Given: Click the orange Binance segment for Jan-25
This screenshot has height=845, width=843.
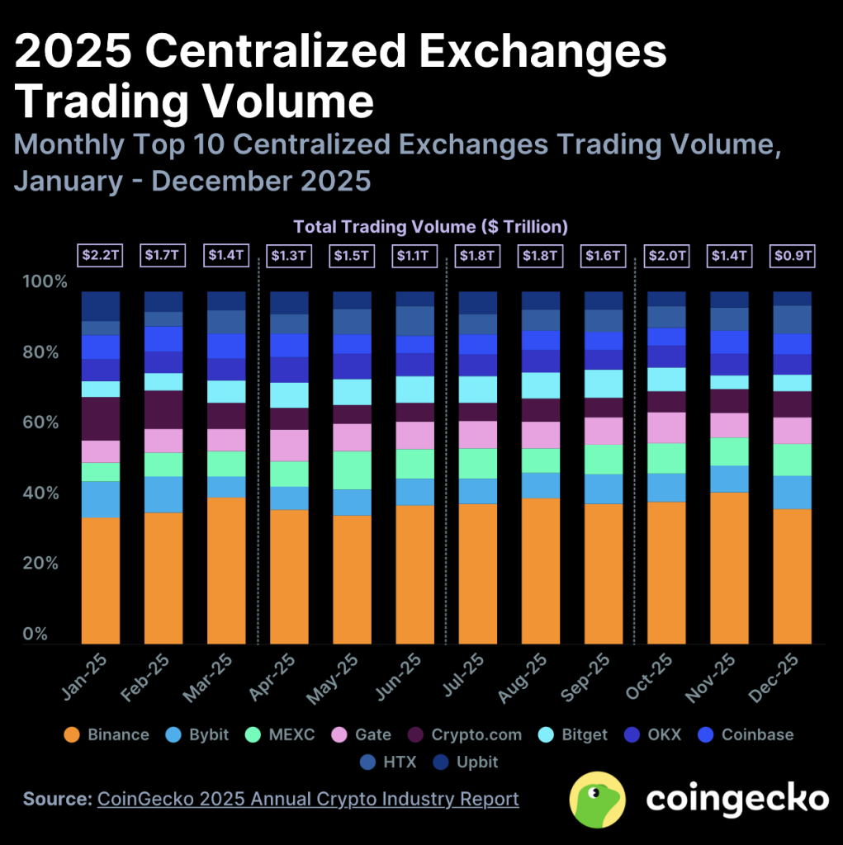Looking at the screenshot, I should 101,580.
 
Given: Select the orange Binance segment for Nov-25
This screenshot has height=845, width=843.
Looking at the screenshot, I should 729,568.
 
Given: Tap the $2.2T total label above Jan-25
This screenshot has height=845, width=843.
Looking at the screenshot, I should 101,256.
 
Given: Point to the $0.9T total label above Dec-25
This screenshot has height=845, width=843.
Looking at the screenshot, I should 792,256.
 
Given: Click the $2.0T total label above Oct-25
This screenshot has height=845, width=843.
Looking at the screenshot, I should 666,256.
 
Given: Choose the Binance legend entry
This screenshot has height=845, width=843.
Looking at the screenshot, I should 107,734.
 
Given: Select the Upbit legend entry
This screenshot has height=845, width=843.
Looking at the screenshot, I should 466,762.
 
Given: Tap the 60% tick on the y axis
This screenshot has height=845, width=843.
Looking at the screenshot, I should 45,423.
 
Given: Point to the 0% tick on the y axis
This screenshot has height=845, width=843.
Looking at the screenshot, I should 35,635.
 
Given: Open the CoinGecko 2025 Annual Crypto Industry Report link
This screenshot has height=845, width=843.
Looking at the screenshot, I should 308,799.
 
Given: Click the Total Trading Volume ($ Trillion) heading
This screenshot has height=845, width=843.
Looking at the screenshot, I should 431,226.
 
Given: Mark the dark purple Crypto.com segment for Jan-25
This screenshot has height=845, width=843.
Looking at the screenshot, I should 101,418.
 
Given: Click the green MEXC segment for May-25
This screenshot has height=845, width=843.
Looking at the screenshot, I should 352,470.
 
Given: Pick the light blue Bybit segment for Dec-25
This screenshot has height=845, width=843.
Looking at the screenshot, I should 792,492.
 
